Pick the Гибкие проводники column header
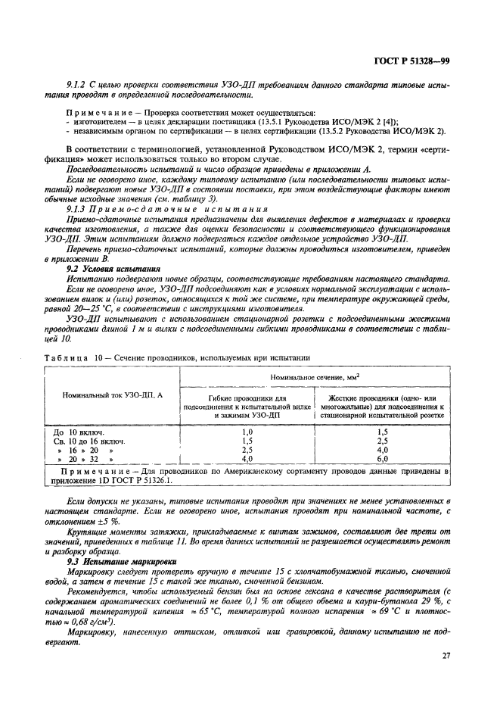point(247,406)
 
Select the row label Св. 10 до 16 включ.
point(89,439)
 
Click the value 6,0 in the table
point(382,458)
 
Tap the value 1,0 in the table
point(247,430)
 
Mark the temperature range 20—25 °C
point(95,309)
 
